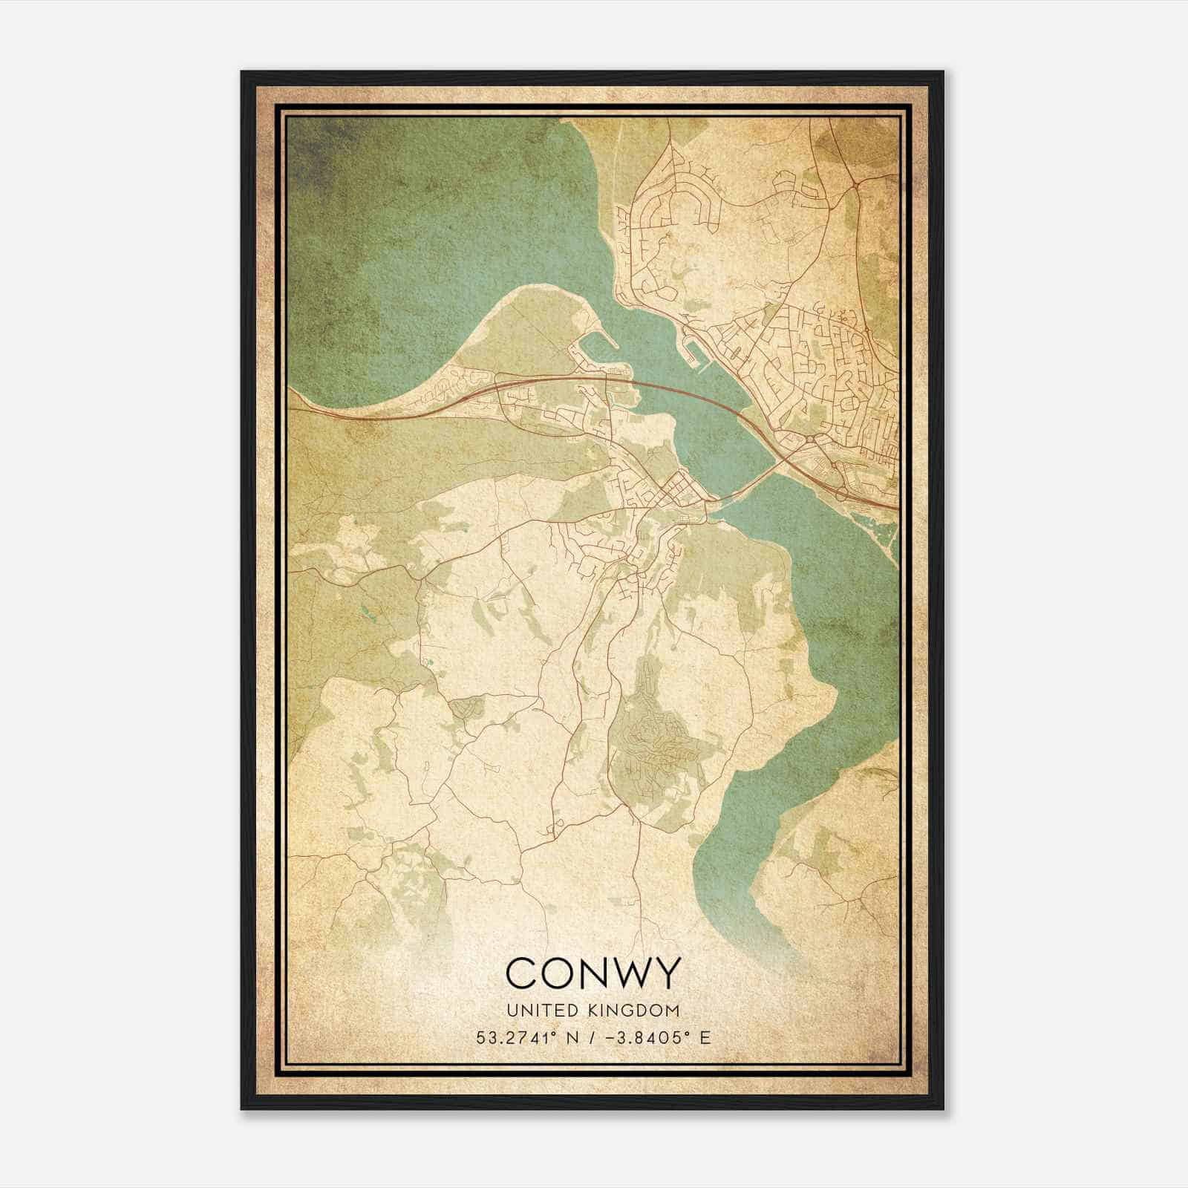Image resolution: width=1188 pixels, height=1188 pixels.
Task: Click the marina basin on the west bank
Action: [x=594, y=349]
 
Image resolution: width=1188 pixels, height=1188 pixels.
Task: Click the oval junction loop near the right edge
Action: [x=843, y=492]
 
